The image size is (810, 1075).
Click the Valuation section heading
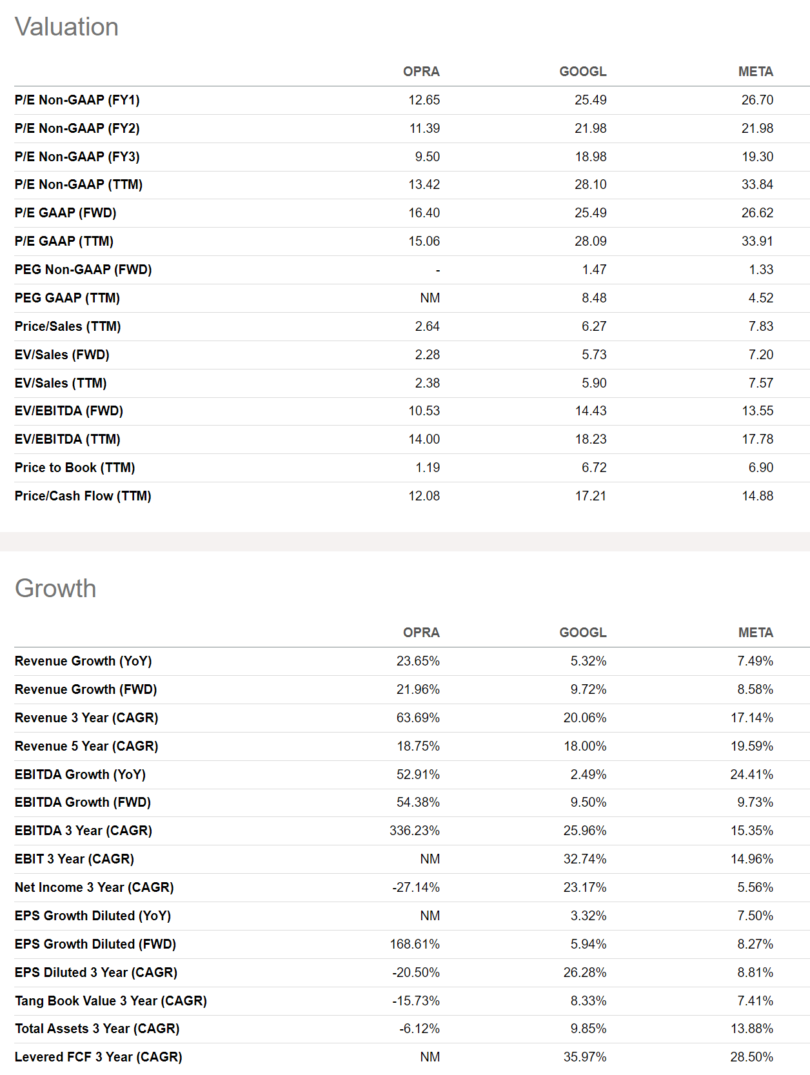coord(66,27)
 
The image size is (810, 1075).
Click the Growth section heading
coord(55,588)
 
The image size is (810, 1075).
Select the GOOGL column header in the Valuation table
coord(582,72)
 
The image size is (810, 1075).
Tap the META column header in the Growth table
coord(755,633)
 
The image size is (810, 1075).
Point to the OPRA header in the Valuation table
coord(421,72)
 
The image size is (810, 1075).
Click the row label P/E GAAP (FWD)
coord(66,213)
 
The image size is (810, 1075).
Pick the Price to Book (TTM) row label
coord(75,468)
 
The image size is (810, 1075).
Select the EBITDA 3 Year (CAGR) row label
coord(83,831)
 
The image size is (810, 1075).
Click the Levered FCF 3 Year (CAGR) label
coord(98,1057)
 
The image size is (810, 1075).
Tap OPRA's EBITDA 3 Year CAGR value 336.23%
coord(414,831)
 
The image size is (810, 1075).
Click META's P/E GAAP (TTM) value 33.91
coord(757,241)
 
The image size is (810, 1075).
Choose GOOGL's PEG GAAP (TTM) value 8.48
coord(593,298)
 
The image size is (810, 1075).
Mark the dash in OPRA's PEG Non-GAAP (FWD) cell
coord(437,270)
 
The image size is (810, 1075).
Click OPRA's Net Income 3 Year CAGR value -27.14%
coord(416,887)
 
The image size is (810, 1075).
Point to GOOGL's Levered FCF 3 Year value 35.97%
coord(584,1057)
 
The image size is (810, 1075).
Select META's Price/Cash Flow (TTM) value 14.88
coord(757,496)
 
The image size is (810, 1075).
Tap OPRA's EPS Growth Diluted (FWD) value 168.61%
coord(414,944)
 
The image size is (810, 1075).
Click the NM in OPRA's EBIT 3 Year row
coord(430,859)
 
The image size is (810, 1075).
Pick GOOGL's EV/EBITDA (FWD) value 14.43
coord(590,411)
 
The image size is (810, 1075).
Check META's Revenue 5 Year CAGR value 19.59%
coord(751,746)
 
